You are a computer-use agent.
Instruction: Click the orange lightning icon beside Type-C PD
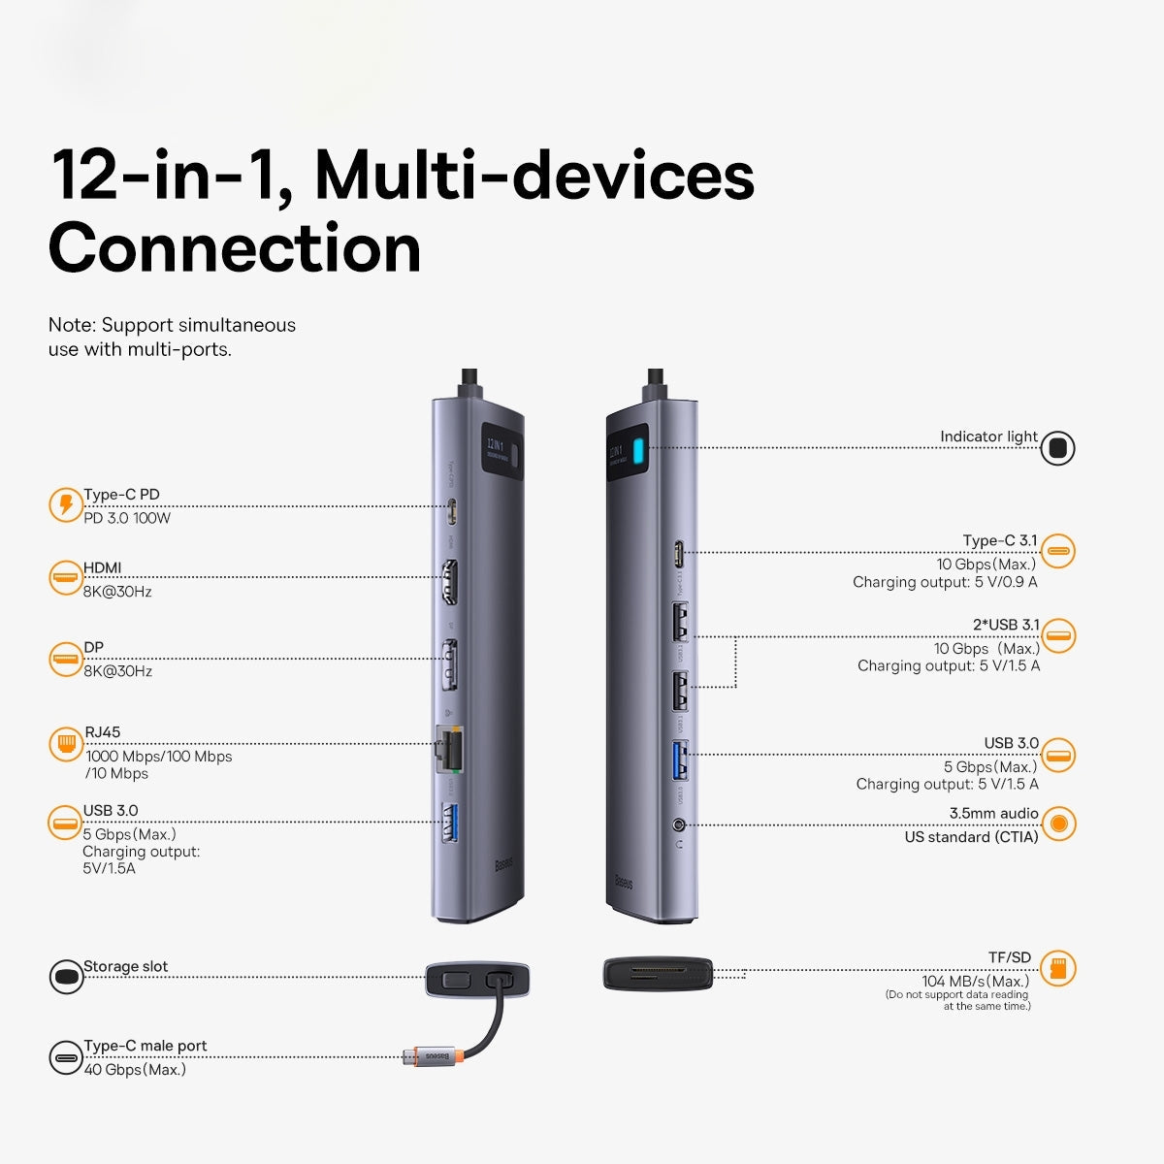[x=66, y=505]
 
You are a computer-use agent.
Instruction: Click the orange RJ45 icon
[x=66, y=744]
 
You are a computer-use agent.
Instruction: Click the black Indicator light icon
[x=1057, y=448]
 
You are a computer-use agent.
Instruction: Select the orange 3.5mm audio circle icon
[x=1058, y=824]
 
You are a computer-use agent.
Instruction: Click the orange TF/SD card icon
[x=1058, y=968]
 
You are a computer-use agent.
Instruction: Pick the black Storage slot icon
[x=66, y=976]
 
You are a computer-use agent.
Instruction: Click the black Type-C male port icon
[x=66, y=1057]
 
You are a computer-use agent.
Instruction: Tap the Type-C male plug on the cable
[x=411, y=1055]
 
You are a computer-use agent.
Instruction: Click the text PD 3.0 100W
[x=127, y=518]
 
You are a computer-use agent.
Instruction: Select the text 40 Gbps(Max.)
[x=135, y=1069]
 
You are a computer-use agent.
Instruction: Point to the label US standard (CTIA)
[x=971, y=836]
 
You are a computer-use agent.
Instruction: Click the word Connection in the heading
[x=235, y=248]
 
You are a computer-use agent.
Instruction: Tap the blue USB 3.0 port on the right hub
[x=680, y=760]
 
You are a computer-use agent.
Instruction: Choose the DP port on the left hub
[x=450, y=664]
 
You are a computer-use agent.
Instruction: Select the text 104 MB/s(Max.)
[x=975, y=981]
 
